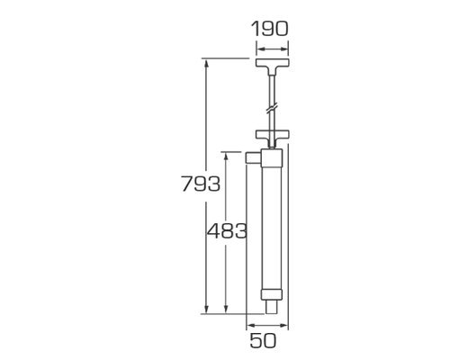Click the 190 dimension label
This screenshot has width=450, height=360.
tap(269, 29)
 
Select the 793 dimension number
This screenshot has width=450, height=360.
tap(201, 184)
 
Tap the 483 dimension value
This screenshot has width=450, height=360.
tap(227, 231)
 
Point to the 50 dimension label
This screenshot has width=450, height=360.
tap(263, 341)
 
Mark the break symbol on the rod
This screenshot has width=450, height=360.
tap(272, 109)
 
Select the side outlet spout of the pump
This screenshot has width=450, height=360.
tap(254, 158)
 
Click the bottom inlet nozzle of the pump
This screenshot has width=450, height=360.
tap(272, 307)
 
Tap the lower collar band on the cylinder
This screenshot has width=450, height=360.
tap(272, 295)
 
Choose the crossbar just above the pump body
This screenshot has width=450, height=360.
tap(273, 134)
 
